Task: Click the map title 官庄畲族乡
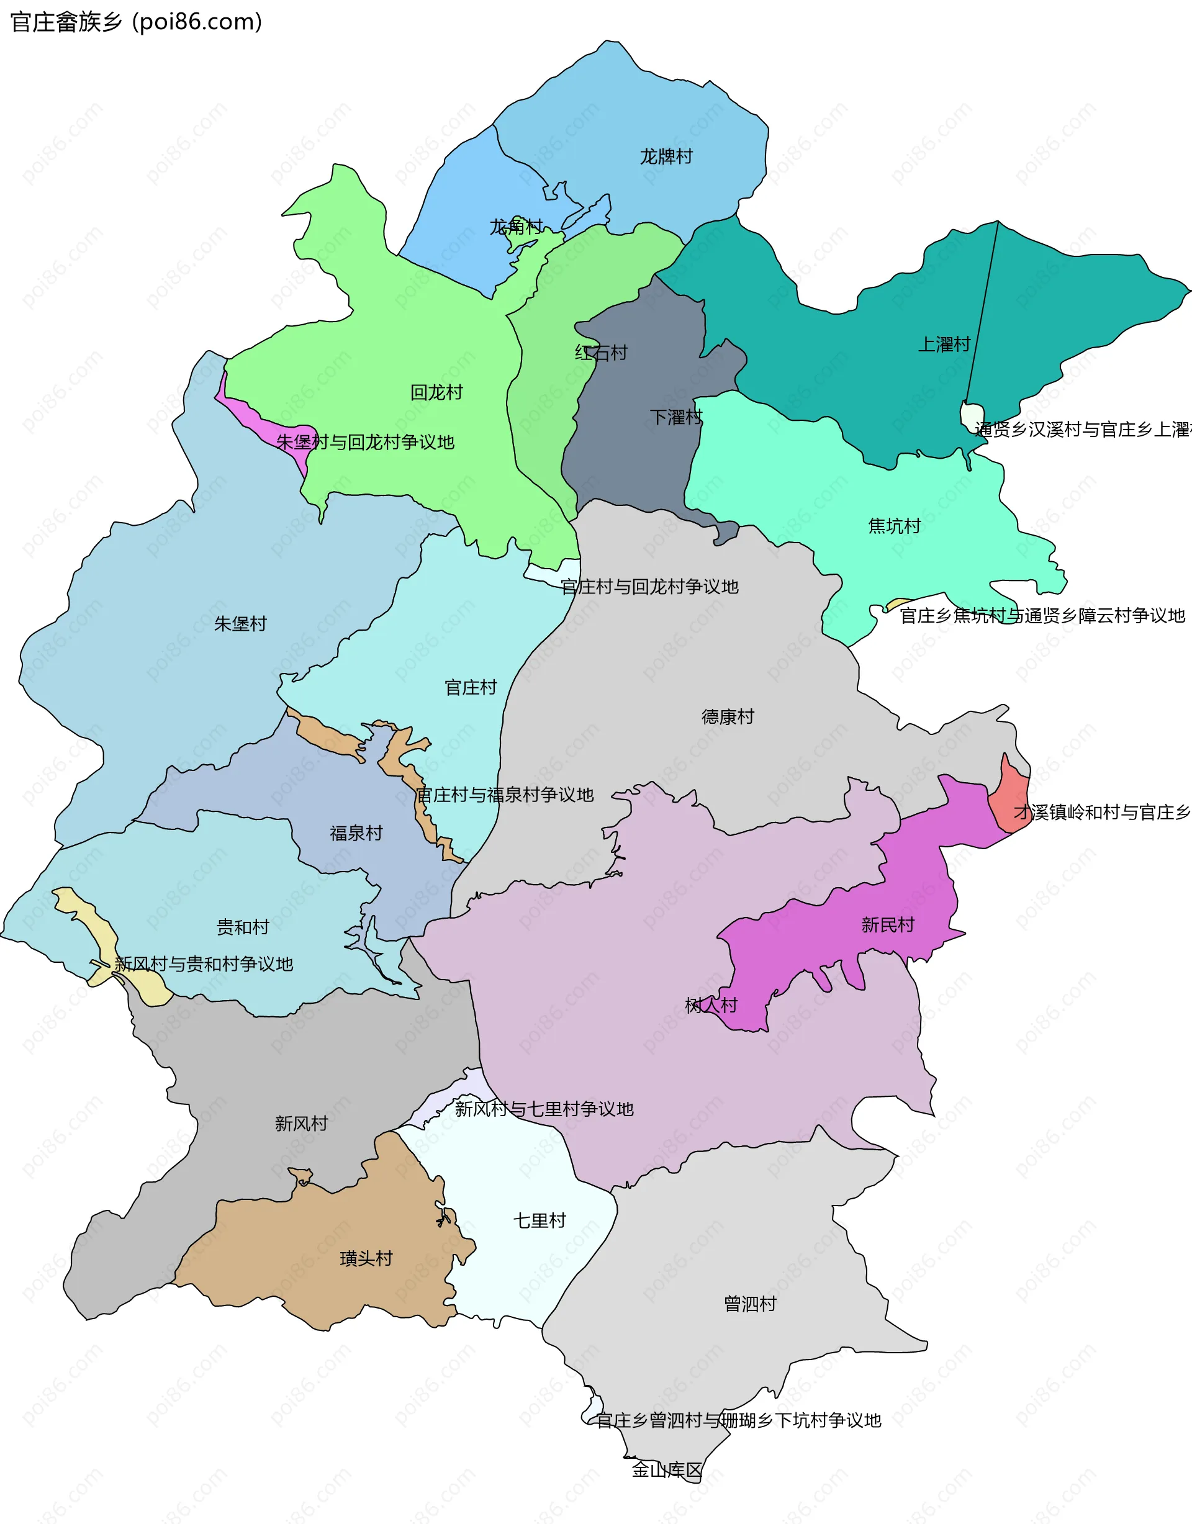pos(66,22)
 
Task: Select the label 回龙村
pos(436,392)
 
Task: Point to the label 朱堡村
pos(240,624)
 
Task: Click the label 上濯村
pos(944,344)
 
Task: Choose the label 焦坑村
pos(894,526)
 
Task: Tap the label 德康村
pos(727,716)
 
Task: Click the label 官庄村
pos(471,687)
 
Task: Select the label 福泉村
pos(356,833)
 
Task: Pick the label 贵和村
pos(242,927)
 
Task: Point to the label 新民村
pos(887,926)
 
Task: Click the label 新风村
pos(300,1124)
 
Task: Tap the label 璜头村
pos(366,1258)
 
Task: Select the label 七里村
pos(540,1220)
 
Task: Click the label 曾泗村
pos(749,1304)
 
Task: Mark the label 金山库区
pos(667,1469)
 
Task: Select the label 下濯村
pos(675,417)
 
